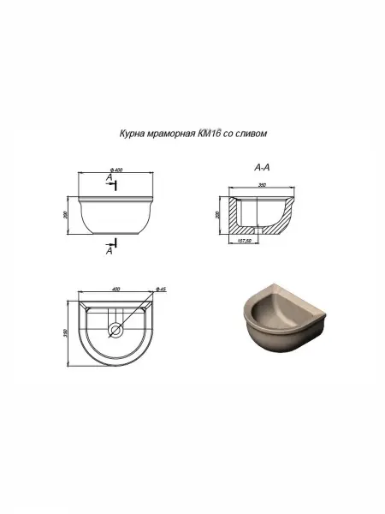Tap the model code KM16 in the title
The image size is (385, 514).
click(x=210, y=134)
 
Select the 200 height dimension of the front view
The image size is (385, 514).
click(x=67, y=215)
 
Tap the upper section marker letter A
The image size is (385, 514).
click(x=109, y=176)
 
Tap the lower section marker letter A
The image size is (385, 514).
click(x=109, y=251)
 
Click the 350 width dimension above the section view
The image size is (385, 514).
click(x=263, y=185)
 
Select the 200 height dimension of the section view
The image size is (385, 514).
click(x=219, y=214)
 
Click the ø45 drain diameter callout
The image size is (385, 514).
click(x=162, y=290)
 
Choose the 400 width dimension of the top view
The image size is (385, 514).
click(x=116, y=290)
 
